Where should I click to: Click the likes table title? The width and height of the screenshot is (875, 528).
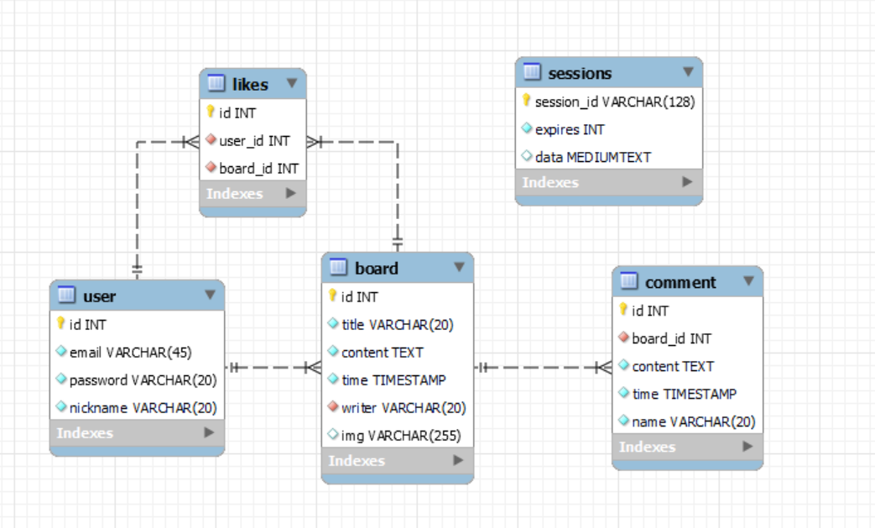[250, 84]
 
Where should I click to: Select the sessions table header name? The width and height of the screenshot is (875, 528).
[580, 73]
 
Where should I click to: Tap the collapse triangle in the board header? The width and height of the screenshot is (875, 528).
[459, 267]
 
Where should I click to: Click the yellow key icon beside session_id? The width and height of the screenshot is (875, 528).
[526, 100]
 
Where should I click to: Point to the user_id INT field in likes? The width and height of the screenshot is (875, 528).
[254, 141]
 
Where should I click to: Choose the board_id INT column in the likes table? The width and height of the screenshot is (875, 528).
[258, 169]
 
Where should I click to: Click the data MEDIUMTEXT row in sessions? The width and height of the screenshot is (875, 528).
[592, 158]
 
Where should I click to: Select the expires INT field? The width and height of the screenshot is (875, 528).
[570, 129]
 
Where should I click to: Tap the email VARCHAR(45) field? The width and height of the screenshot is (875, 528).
[130, 353]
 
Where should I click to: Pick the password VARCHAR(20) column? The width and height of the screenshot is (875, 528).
[143, 380]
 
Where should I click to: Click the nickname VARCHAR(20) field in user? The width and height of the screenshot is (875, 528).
[143, 408]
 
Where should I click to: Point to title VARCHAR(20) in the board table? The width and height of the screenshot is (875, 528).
[398, 324]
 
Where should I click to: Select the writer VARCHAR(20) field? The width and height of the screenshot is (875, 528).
[404, 408]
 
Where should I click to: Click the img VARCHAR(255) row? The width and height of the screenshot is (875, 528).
[401, 436]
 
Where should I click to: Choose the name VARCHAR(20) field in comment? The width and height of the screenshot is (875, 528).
[694, 421]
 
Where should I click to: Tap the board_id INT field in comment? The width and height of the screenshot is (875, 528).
[671, 338]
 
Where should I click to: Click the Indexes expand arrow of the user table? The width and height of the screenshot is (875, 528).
[209, 432]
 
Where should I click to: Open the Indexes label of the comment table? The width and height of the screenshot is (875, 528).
[648, 447]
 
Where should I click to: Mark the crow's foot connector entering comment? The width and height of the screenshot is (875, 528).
[603, 368]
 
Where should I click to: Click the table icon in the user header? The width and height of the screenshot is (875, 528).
[66, 294]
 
